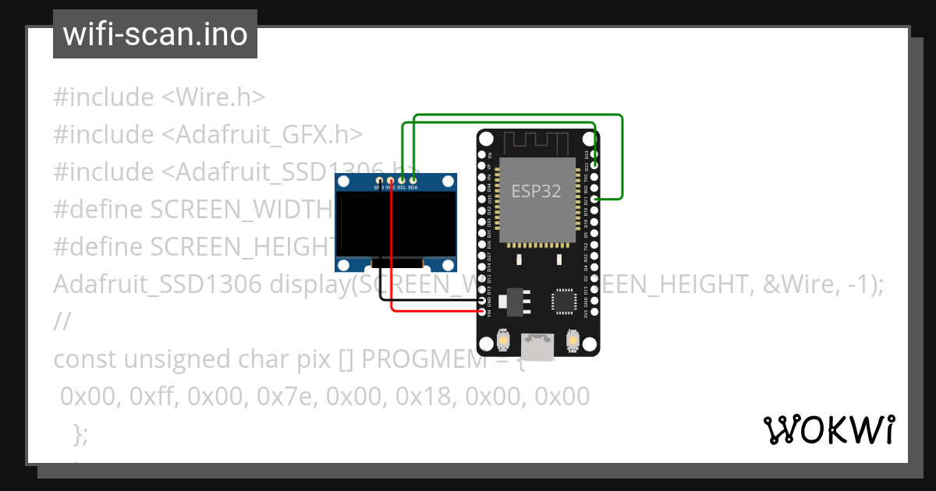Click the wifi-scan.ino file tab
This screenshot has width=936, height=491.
click(x=155, y=34)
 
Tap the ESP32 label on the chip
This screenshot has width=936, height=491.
click(x=536, y=191)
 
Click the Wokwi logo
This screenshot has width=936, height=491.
click(x=828, y=429)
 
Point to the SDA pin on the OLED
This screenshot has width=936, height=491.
click(x=413, y=181)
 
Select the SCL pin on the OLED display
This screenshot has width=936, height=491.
click(x=402, y=181)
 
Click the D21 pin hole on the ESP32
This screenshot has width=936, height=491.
click(x=595, y=200)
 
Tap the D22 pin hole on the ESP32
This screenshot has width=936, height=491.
click(x=595, y=165)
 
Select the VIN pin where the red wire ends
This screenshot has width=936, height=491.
click(x=481, y=312)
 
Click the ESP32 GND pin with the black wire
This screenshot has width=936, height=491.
click(x=481, y=300)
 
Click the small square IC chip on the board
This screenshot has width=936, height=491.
click(x=563, y=302)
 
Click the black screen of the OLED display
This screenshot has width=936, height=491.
click(x=395, y=225)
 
